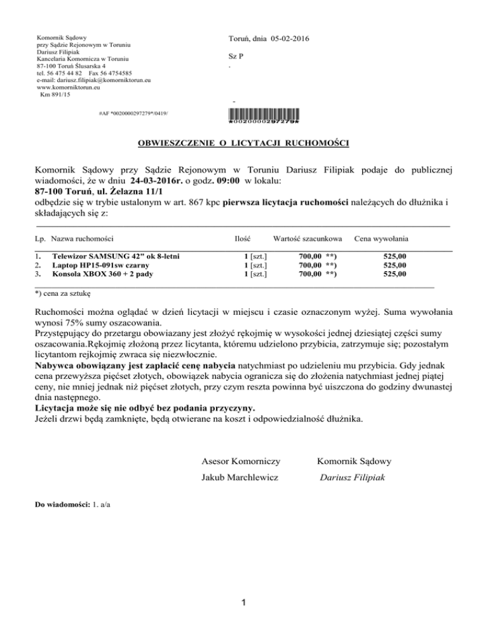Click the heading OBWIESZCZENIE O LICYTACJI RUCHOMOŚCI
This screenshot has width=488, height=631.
tap(243, 143)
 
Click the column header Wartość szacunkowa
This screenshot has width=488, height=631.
tap(307, 239)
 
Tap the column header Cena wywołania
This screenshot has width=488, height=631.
tap(381, 239)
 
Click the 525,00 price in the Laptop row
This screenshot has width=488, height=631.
tap(395, 265)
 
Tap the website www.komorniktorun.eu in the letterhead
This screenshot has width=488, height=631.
tap(67, 88)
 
